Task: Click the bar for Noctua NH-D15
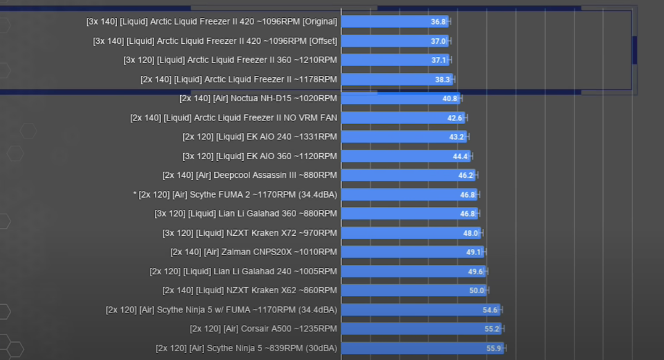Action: coord(400,98)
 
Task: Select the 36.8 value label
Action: coord(438,22)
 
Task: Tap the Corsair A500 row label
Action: coord(264,329)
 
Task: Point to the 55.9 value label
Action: coord(494,348)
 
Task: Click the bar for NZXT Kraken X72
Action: coord(410,233)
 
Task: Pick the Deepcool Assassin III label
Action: coord(249,175)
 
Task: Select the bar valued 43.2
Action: coord(404,136)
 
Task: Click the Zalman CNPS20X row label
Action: coord(254,252)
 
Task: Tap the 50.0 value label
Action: coord(476,291)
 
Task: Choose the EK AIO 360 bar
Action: coord(405,156)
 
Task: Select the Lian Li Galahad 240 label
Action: coord(243,271)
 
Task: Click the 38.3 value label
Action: coord(442,80)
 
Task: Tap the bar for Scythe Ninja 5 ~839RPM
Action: coord(422,348)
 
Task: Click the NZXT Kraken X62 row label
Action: coord(249,290)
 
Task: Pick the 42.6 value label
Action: coord(455,118)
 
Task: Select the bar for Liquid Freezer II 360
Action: coord(395,60)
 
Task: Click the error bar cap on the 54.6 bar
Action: coord(500,309)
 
